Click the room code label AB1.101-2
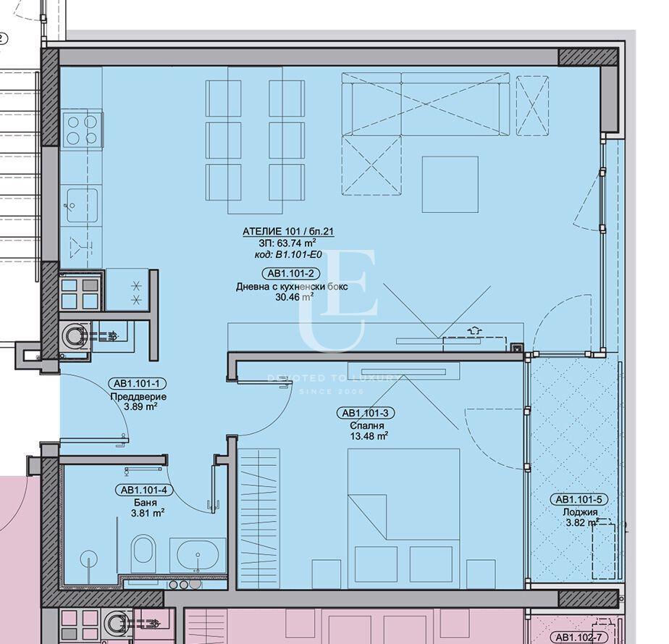(290, 274)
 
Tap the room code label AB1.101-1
(137, 384)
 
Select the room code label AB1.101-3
(366, 413)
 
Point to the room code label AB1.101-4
(144, 490)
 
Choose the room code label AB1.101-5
(578, 499)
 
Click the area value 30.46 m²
(295, 297)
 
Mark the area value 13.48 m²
(369, 436)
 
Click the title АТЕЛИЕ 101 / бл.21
(288, 231)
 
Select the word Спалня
(367, 425)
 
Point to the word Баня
(145, 503)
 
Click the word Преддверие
(138, 396)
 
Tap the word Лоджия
(580, 511)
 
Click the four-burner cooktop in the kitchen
(82, 130)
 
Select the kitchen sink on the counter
(83, 205)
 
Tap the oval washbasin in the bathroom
(198, 555)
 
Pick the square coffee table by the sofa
(450, 185)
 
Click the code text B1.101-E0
(298, 255)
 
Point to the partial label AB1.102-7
(576, 637)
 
